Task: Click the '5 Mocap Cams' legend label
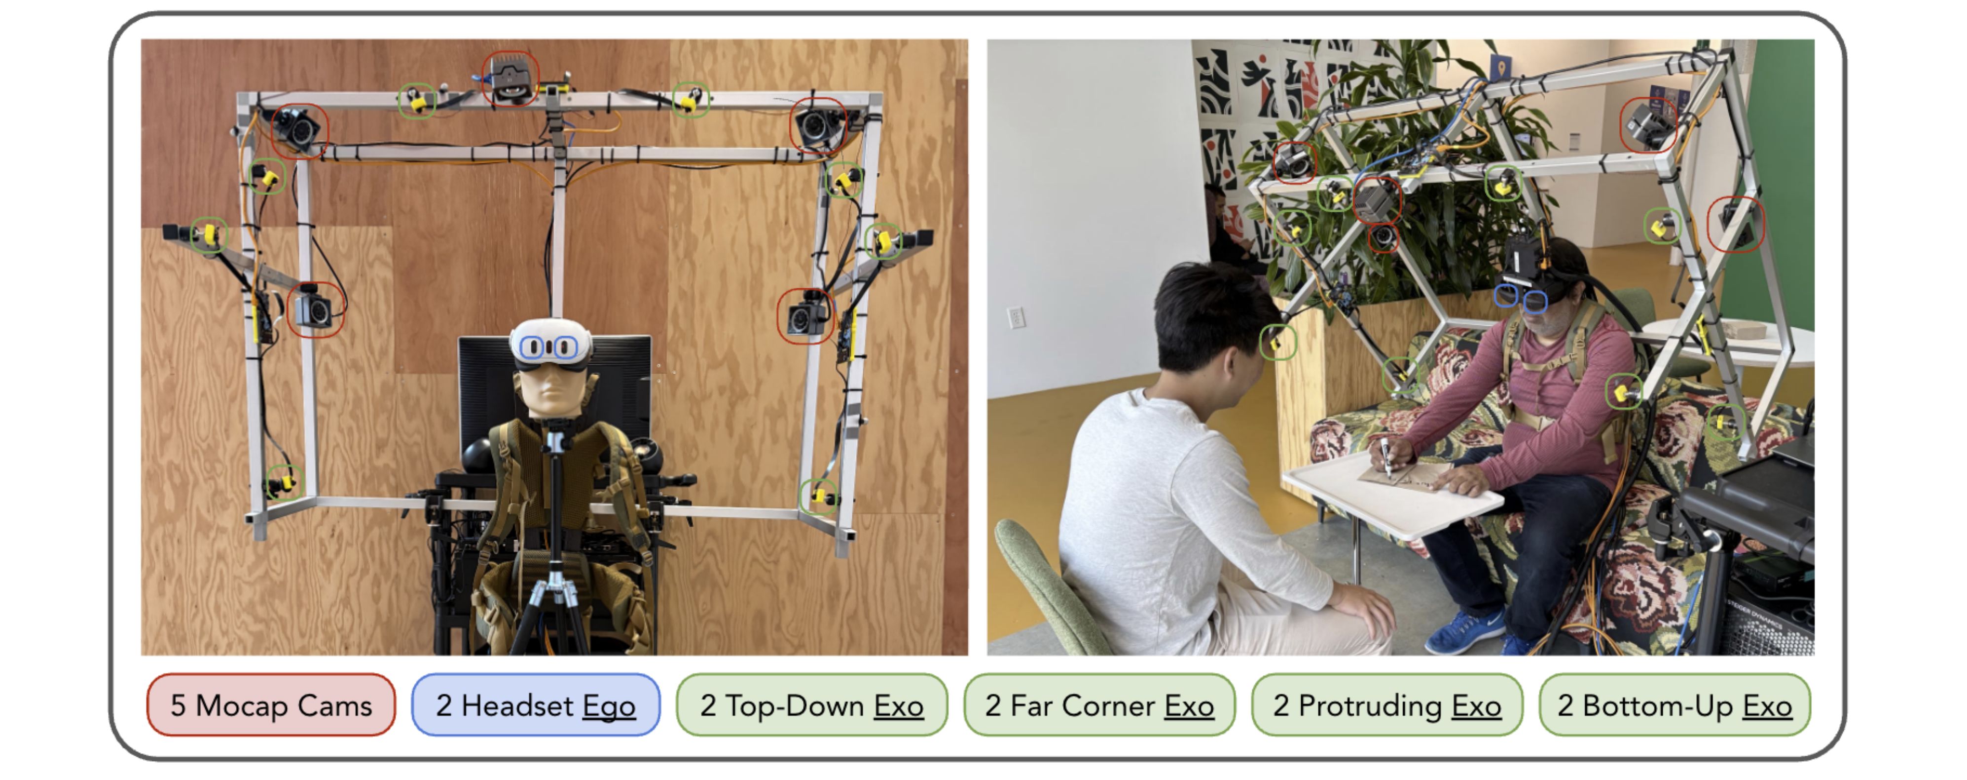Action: (x=271, y=704)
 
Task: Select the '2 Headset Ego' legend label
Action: (x=535, y=704)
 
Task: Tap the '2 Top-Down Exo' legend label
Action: (x=812, y=704)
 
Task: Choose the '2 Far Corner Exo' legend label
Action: (x=1099, y=704)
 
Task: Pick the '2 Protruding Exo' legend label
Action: (x=1386, y=704)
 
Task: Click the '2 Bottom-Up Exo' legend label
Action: (x=1675, y=704)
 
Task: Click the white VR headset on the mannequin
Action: (x=550, y=345)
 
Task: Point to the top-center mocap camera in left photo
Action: (x=510, y=78)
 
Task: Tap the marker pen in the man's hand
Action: (x=1386, y=457)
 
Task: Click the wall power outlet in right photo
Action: (x=1016, y=317)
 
